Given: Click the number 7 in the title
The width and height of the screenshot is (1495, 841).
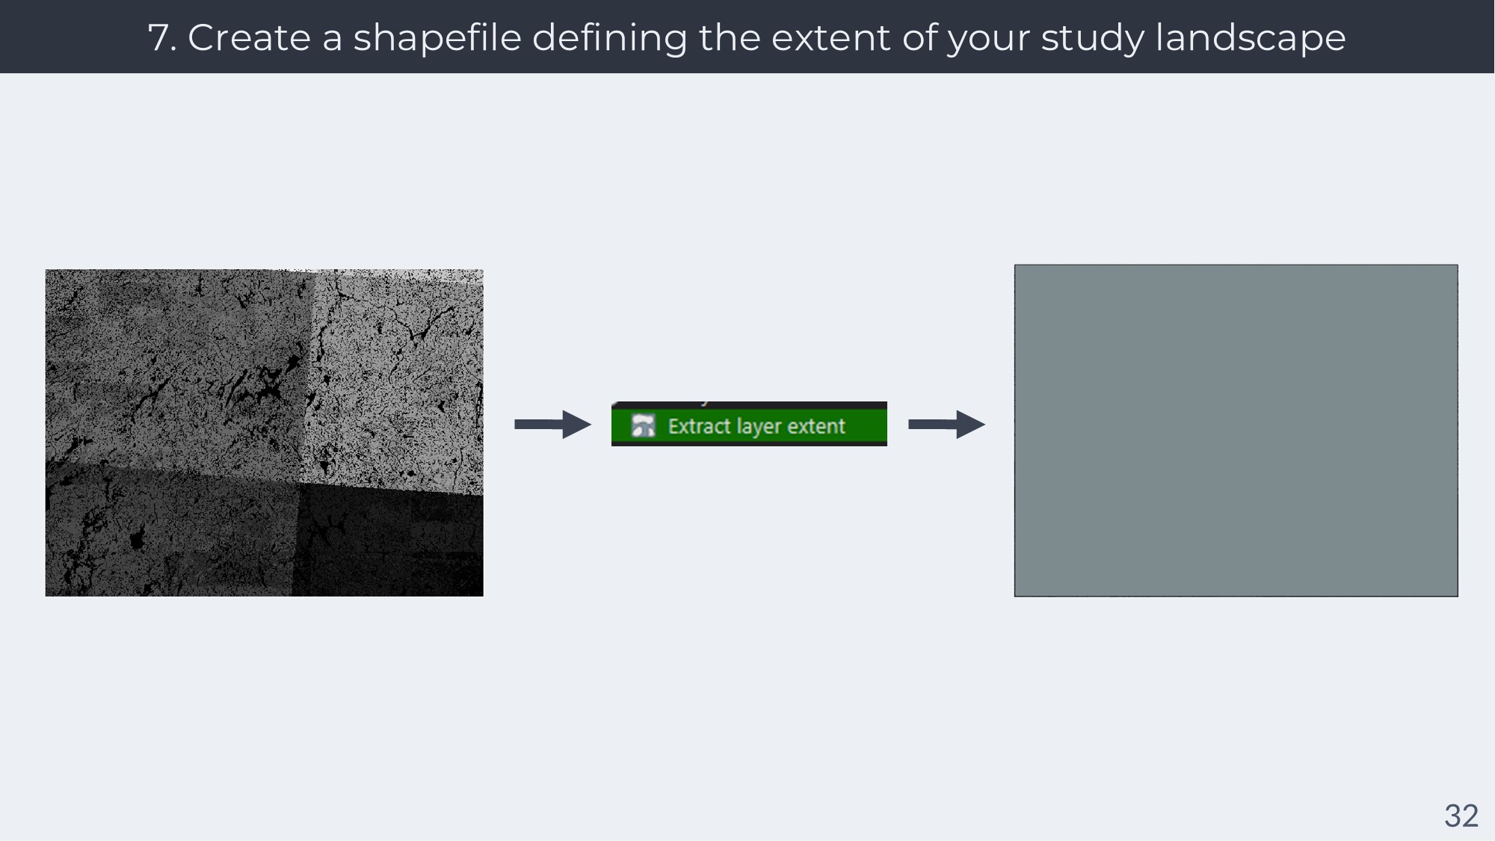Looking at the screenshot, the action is (160, 37).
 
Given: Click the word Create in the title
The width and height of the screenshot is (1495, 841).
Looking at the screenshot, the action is (249, 37).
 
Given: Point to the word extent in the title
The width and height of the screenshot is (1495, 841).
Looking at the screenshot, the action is (830, 37).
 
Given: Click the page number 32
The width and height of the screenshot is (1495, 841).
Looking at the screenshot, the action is (1461, 816).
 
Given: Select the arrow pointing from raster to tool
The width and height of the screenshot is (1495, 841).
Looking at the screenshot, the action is (552, 425).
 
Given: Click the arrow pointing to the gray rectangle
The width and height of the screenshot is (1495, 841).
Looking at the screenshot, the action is (946, 425).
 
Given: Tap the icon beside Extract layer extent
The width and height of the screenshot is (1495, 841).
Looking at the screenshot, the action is (643, 425).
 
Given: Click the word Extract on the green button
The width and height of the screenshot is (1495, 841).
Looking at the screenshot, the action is (699, 426).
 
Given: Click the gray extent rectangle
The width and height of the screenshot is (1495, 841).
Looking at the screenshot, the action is (1236, 431).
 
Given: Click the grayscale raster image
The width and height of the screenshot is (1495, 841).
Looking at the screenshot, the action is (264, 433).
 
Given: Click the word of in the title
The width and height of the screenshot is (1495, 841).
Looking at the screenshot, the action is (919, 37).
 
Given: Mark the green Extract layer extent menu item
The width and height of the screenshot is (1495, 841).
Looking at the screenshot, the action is (749, 424).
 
